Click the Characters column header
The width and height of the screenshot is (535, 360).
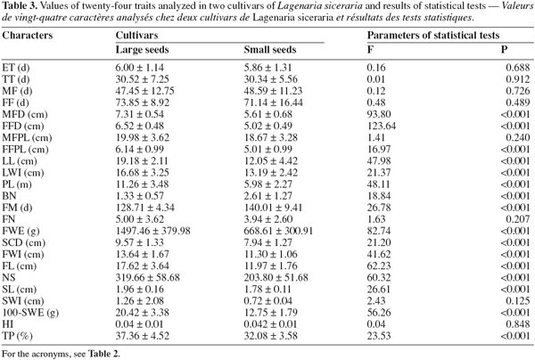pyautogui.click(x=28, y=36)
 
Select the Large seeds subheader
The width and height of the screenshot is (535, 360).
pyautogui.click(x=143, y=50)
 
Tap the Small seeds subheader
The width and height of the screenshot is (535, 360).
pyautogui.click(x=270, y=50)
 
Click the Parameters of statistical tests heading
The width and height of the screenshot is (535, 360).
pyautogui.click(x=433, y=36)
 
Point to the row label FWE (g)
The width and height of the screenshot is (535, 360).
pyautogui.click(x=21, y=231)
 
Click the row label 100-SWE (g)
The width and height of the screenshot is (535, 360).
pyautogui.click(x=30, y=313)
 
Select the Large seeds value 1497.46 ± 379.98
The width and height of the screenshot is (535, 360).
pyautogui.click(x=152, y=231)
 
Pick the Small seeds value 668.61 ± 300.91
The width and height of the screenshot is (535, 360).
pyautogui.click(x=278, y=231)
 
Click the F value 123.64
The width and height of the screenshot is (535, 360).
pyautogui.click(x=382, y=127)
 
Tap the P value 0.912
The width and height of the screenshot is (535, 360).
pyautogui.click(x=518, y=79)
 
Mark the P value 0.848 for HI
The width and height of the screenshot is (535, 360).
pyautogui.click(x=518, y=324)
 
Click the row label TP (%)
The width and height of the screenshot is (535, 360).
pyautogui.click(x=17, y=336)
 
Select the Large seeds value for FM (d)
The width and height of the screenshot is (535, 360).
pyautogui.click(x=145, y=208)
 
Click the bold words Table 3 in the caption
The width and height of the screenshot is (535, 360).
pyautogui.click(x=15, y=6)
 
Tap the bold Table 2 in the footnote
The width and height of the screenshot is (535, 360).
pyautogui.click(x=104, y=354)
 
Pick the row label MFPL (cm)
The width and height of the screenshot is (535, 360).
pyautogui.click(x=27, y=138)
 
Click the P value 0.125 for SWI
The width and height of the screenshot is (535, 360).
pyautogui.click(x=518, y=301)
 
